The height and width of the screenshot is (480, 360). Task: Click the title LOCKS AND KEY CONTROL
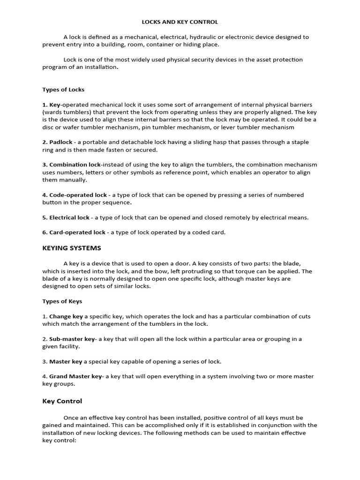pyautogui.click(x=180, y=22)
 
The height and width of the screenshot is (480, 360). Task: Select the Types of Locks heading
pyautogui.click(x=63, y=90)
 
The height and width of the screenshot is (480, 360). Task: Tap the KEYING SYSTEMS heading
pyautogui.click(x=72, y=248)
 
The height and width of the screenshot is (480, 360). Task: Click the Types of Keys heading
pyautogui.click(x=62, y=301)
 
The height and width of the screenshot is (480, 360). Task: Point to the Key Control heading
pyautogui.click(x=62, y=401)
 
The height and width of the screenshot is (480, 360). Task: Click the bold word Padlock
pyautogui.click(x=61, y=142)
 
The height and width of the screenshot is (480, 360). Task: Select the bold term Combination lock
pyautogui.click(x=75, y=165)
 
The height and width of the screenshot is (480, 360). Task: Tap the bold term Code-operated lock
pyautogui.click(x=78, y=195)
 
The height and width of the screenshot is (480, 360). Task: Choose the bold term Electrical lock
pyautogui.click(x=69, y=217)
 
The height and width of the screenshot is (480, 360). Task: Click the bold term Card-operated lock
pyautogui.click(x=77, y=232)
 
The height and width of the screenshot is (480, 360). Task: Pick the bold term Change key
pyautogui.click(x=66, y=316)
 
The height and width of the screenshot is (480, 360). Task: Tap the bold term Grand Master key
pyautogui.click(x=75, y=376)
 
